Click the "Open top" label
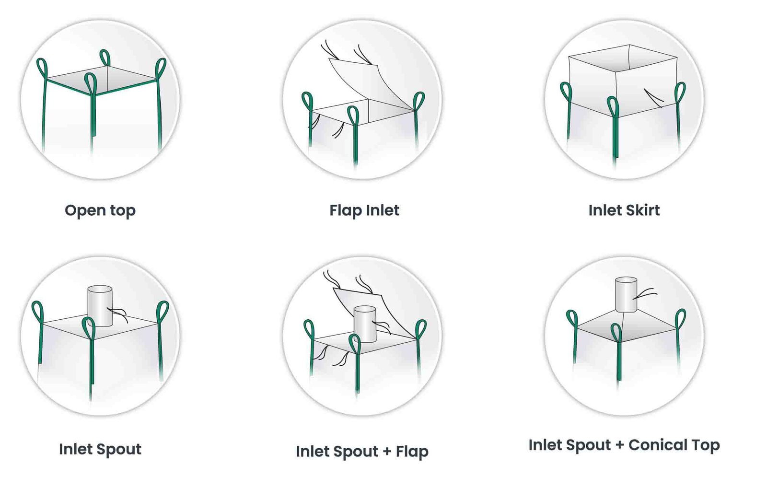[100, 210]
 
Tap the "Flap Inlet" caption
[364, 210]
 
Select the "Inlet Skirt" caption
[624, 210]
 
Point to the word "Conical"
[657, 445]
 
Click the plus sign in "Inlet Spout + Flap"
[387, 452]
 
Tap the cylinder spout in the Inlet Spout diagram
[100, 306]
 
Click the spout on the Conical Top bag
[626, 294]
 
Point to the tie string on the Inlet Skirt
[653, 97]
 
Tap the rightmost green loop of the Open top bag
[161, 68]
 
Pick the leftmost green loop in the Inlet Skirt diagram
[566, 91]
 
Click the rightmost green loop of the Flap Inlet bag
[418, 101]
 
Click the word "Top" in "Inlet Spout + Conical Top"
[705, 445]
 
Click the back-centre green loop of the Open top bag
[105, 58]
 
